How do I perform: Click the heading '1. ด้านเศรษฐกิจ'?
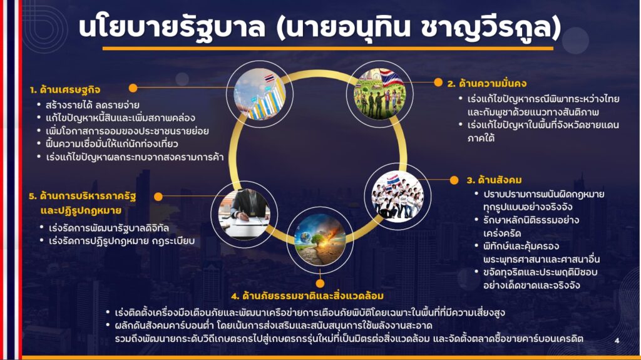(x=65, y=90)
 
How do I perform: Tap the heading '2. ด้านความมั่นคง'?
(x=487, y=83)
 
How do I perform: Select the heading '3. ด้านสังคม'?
(x=495, y=180)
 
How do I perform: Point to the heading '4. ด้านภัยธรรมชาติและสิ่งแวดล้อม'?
(x=307, y=296)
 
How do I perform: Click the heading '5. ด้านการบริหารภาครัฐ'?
(x=82, y=197)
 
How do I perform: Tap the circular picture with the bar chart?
(x=260, y=94)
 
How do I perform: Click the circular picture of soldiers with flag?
(x=380, y=94)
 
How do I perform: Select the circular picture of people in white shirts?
(x=397, y=197)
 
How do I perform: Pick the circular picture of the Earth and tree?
(x=320, y=239)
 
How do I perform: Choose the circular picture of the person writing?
(x=244, y=214)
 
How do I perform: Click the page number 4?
(x=617, y=341)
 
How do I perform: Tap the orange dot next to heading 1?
(x=133, y=88)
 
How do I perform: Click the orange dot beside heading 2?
(x=438, y=83)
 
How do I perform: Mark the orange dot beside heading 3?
(x=454, y=180)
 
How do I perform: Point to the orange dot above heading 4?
(x=320, y=283)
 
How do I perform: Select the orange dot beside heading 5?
(x=158, y=197)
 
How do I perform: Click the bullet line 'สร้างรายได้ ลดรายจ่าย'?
(x=93, y=105)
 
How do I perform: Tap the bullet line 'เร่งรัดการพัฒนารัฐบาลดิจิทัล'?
(x=109, y=228)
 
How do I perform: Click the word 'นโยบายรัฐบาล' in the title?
(x=172, y=28)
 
